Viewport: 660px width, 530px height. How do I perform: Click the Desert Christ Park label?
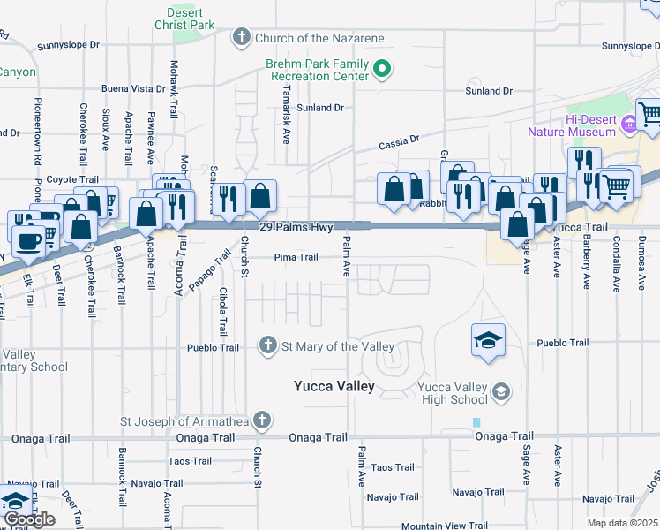[x=190, y=19]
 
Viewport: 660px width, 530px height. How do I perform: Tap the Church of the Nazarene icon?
[x=241, y=37]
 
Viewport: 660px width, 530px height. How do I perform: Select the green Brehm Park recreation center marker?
[x=381, y=67]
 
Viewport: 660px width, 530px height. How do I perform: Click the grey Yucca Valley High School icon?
[x=501, y=391]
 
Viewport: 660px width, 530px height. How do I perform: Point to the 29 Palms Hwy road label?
[x=296, y=227]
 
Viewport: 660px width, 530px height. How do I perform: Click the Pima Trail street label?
[x=296, y=257]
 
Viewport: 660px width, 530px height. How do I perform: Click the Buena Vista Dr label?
[x=133, y=88]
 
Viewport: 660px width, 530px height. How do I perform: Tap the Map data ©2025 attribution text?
[x=622, y=523]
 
